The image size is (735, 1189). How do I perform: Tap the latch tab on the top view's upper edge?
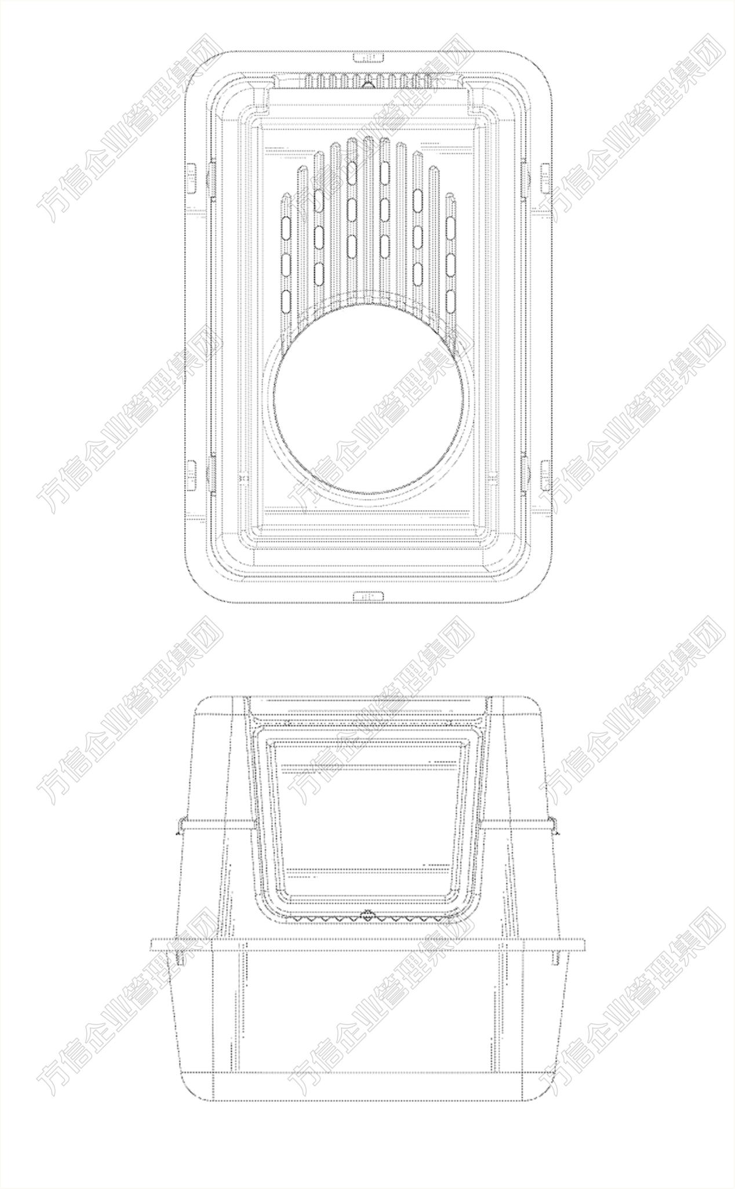[369, 57]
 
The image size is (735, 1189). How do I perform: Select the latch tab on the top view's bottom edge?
[369, 595]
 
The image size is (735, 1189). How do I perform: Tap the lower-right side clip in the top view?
[545, 474]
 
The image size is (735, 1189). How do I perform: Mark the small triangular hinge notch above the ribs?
[366, 84]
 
